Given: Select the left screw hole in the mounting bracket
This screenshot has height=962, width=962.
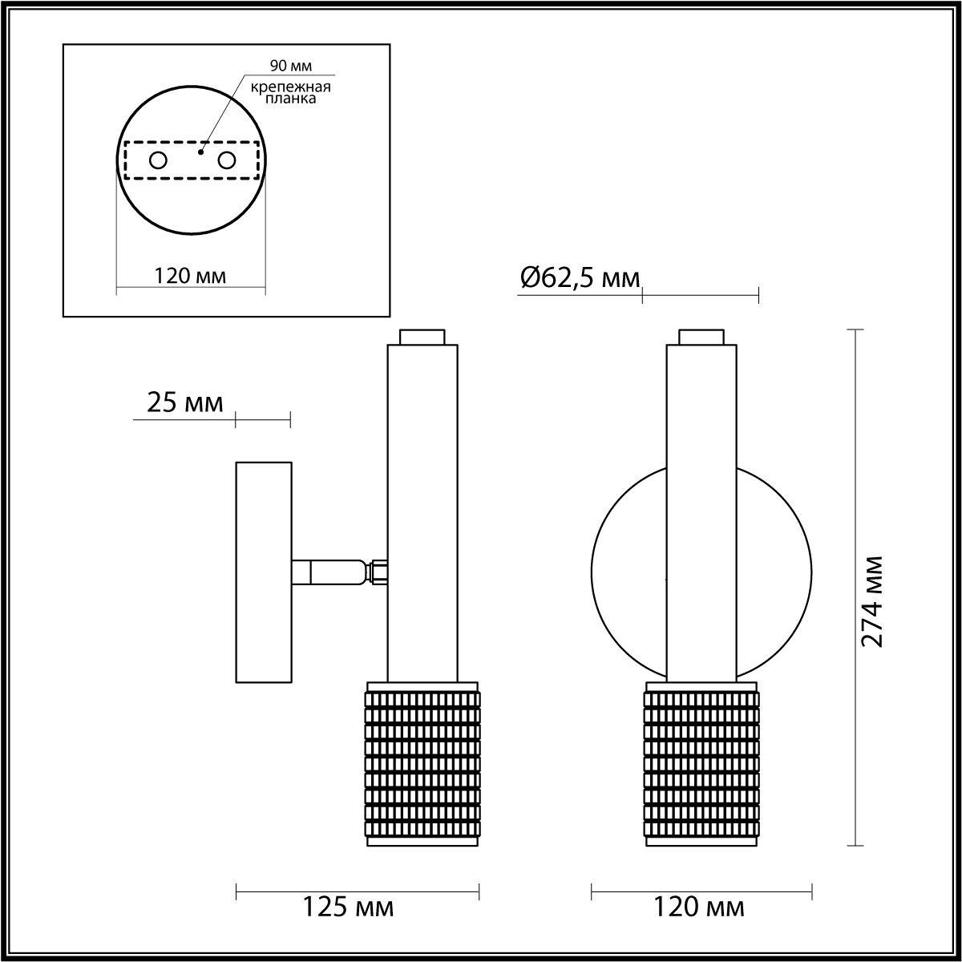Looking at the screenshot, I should [158, 160].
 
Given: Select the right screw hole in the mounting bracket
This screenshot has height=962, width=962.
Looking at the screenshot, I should [227, 160].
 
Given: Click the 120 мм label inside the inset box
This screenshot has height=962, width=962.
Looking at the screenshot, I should [190, 277].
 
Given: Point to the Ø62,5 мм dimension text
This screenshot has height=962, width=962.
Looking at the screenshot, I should [580, 278].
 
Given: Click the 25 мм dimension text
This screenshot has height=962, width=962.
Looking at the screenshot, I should [185, 402].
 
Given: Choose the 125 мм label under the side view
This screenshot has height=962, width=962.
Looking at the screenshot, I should [348, 907].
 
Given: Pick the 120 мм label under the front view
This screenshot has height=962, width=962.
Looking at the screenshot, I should [700, 907].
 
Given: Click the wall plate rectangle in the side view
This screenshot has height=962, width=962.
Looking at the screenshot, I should [263, 572].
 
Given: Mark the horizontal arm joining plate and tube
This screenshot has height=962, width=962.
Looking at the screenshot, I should [329, 572].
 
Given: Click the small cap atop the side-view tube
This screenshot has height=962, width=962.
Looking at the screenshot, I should [422, 337].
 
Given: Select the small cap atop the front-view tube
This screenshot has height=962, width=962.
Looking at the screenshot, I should [701, 337].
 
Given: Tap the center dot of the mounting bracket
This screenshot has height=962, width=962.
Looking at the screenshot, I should [201, 150].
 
